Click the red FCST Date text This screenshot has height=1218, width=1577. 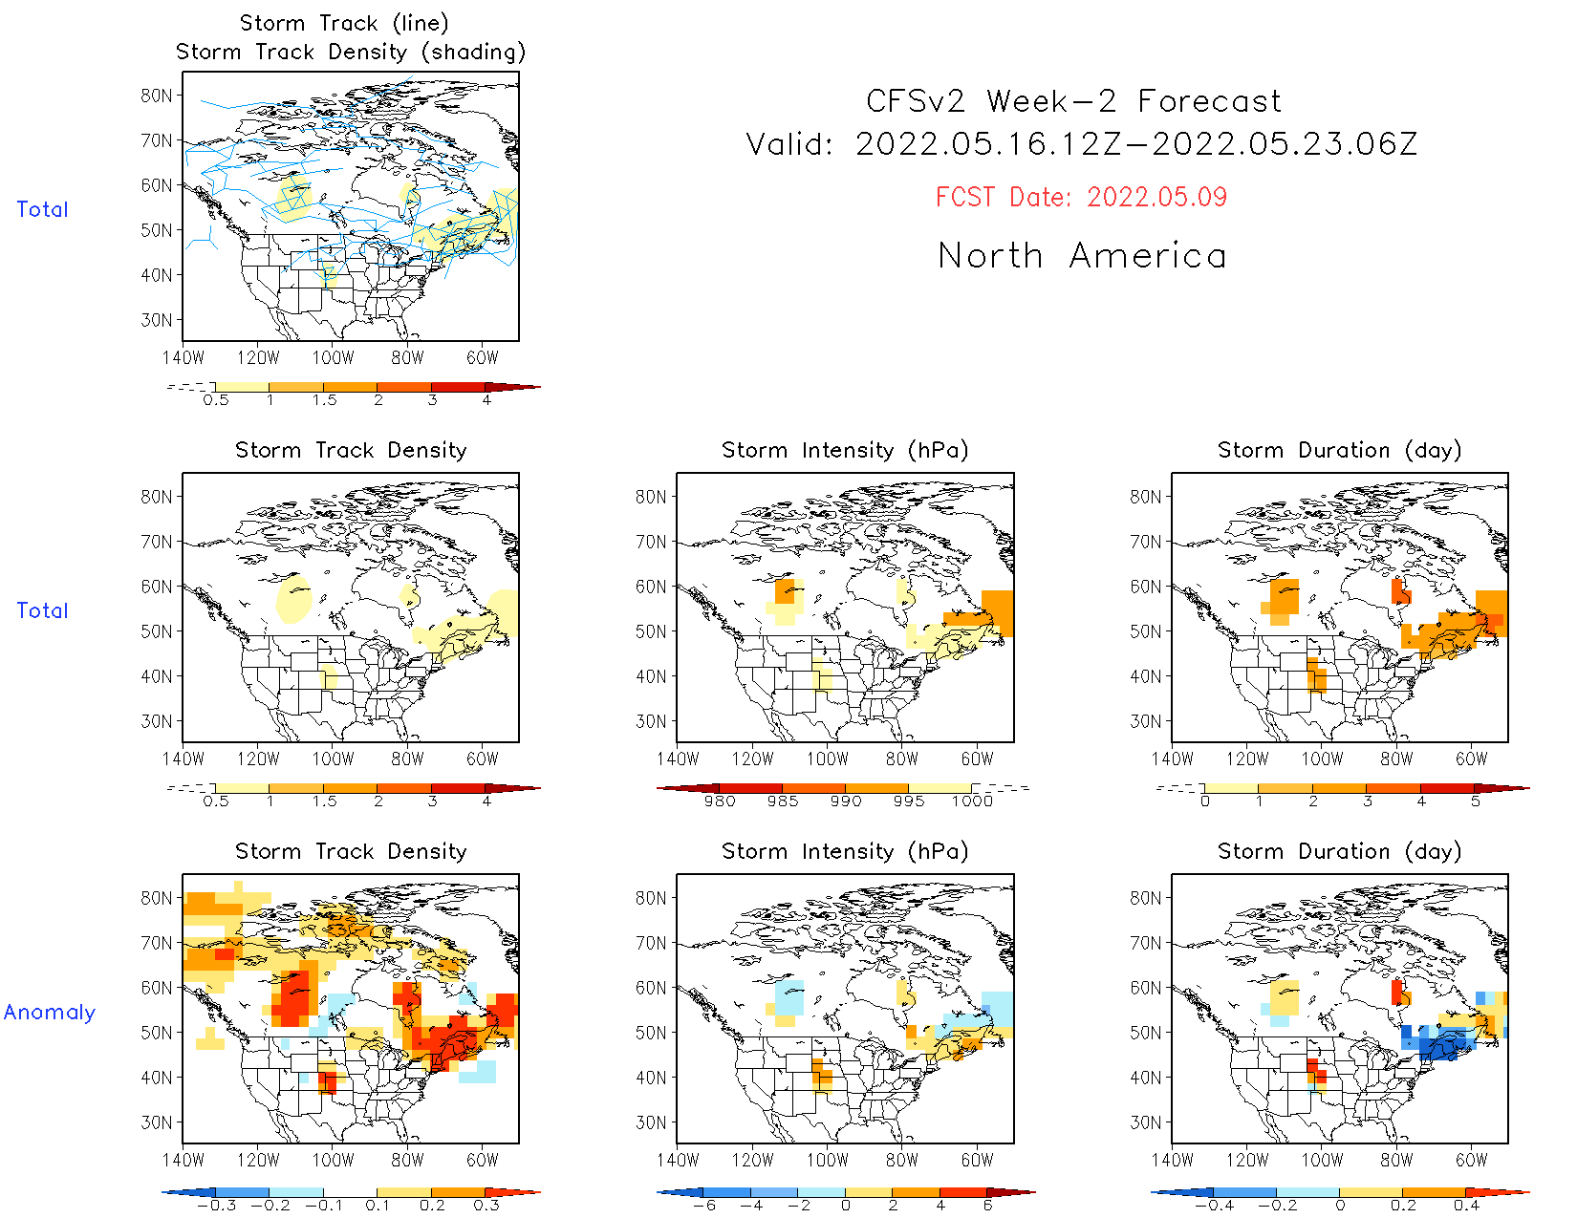click(1081, 197)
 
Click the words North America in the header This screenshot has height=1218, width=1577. click(1082, 256)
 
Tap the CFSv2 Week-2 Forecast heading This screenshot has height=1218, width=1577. click(1073, 101)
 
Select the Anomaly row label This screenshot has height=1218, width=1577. click(50, 1012)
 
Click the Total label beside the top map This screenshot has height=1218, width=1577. click(42, 209)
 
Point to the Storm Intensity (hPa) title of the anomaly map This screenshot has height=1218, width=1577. click(845, 851)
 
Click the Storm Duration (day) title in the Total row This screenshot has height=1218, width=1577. click(1339, 450)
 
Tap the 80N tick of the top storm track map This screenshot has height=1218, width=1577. click(157, 96)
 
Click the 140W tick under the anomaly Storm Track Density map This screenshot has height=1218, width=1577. click(184, 1160)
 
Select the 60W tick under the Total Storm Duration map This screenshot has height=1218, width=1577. click(1471, 759)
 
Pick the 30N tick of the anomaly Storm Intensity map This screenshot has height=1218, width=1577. click(651, 1122)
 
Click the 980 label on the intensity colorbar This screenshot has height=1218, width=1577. click(720, 801)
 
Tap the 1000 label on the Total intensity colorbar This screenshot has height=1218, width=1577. click(972, 801)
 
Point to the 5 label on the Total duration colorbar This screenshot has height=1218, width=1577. click(1476, 801)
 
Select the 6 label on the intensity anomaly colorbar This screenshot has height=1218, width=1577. click(987, 1206)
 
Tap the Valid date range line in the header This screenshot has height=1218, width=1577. click(1082, 144)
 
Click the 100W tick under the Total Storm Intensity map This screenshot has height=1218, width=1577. click(827, 759)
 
